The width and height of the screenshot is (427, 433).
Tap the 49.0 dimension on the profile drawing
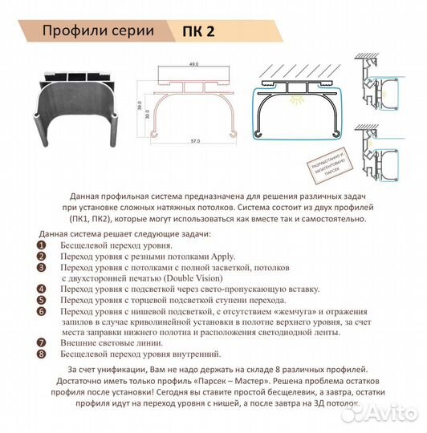click(x=193, y=65)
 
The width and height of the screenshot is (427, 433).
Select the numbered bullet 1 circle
click(x=42, y=245)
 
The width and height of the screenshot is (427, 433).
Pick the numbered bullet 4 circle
click(x=42, y=288)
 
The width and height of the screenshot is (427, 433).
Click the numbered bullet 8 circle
click(x=42, y=354)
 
